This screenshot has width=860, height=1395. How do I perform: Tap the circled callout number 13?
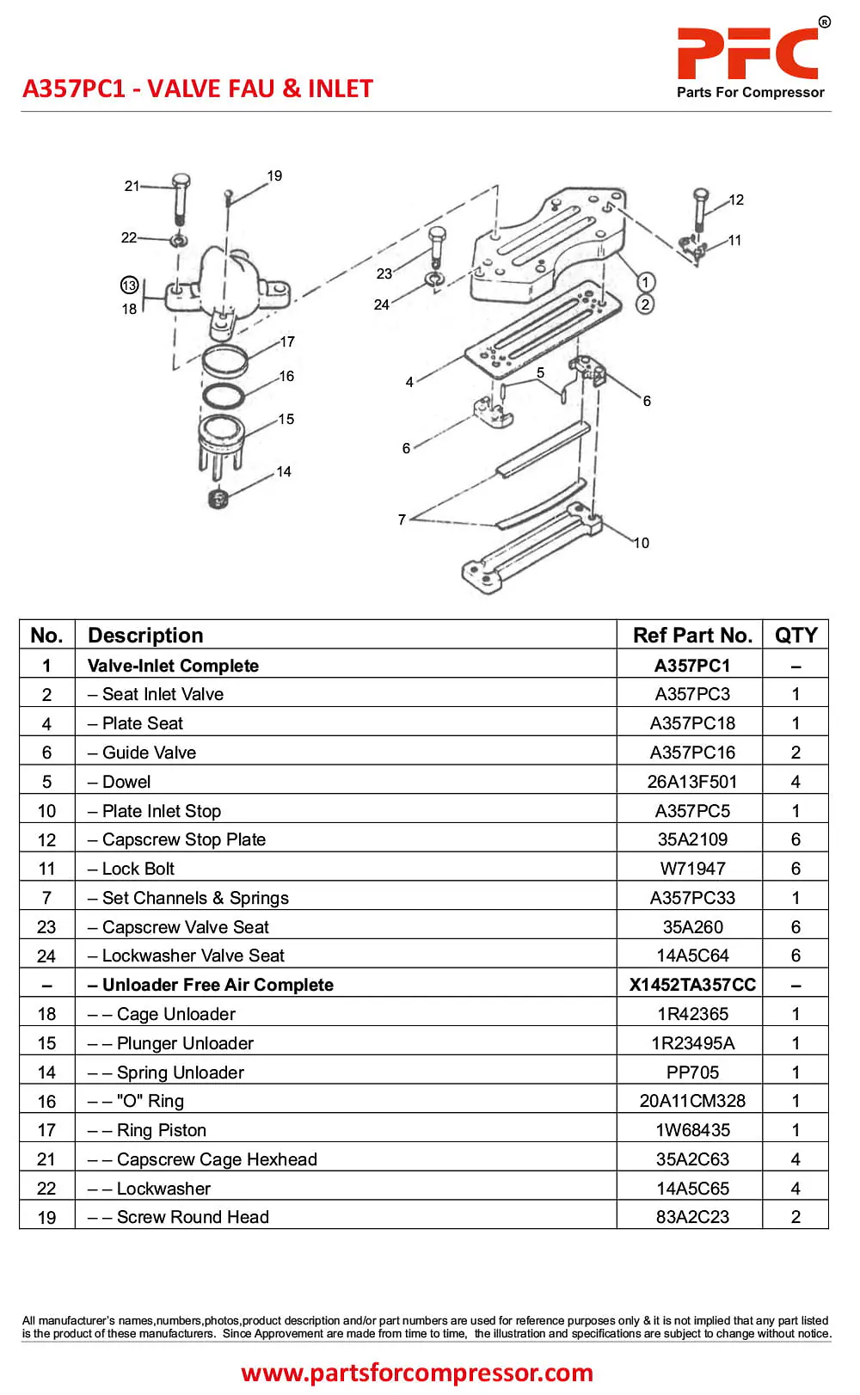coord(129,286)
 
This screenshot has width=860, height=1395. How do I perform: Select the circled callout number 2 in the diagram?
coord(645,304)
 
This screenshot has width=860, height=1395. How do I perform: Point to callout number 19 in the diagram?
coord(274,176)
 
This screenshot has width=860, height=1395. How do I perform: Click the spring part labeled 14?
coord(218,498)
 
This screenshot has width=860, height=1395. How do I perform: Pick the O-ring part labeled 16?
coord(224,396)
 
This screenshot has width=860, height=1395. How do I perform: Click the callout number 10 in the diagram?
coord(642,544)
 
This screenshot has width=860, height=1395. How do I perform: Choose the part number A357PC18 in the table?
coord(692,723)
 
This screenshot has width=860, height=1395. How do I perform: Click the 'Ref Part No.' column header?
coord(692,636)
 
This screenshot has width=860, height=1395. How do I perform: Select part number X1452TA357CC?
coord(692,985)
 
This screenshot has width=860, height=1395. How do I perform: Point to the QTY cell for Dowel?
coord(795,782)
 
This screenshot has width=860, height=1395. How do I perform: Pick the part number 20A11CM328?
coord(692,1101)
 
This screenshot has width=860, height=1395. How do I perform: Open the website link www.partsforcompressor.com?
coord(417,1373)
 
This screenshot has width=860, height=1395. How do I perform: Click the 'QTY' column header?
coord(795,636)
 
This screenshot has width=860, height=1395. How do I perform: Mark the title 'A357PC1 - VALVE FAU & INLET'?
coord(198,89)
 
